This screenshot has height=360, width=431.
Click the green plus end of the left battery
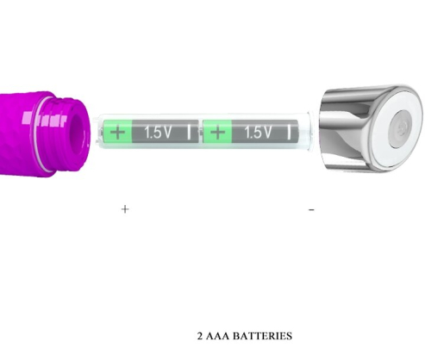pos(117,132)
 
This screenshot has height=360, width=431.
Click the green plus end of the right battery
pos(217,132)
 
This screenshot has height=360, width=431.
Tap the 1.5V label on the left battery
pos(158,133)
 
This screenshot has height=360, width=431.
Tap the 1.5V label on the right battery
pos(258,133)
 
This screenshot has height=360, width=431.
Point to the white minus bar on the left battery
pos(189,132)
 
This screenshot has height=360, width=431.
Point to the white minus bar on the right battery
pos(289,132)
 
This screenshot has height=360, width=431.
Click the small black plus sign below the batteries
pos(125,209)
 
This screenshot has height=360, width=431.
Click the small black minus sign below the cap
pos(311,210)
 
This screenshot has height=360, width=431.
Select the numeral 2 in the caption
pos(200,336)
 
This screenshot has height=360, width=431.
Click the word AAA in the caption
pos(217,336)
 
